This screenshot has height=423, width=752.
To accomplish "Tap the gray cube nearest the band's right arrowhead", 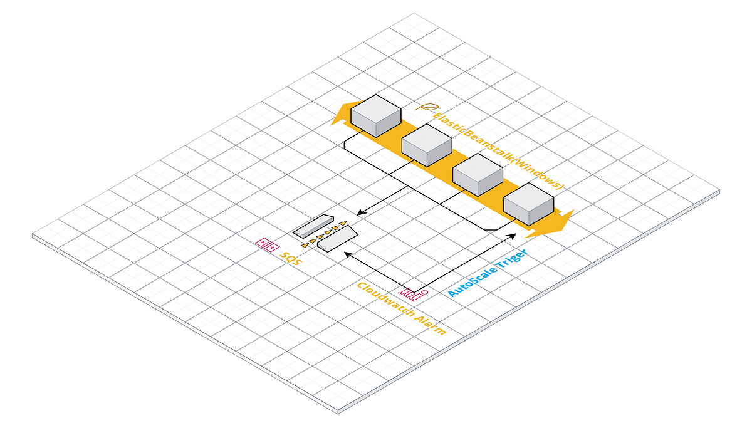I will point(529,204).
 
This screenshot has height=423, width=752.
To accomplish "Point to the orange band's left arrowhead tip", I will point(332,123).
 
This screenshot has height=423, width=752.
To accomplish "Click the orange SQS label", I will point(290,258).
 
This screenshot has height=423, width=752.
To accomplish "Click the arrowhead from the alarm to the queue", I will point(347,253).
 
